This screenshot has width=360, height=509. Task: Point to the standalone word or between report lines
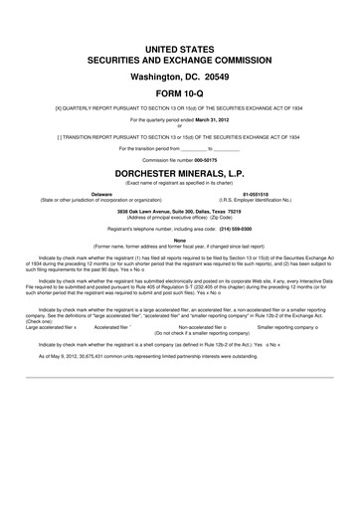click(180, 123)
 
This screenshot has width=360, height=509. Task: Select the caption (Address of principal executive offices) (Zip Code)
click(180, 219)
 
